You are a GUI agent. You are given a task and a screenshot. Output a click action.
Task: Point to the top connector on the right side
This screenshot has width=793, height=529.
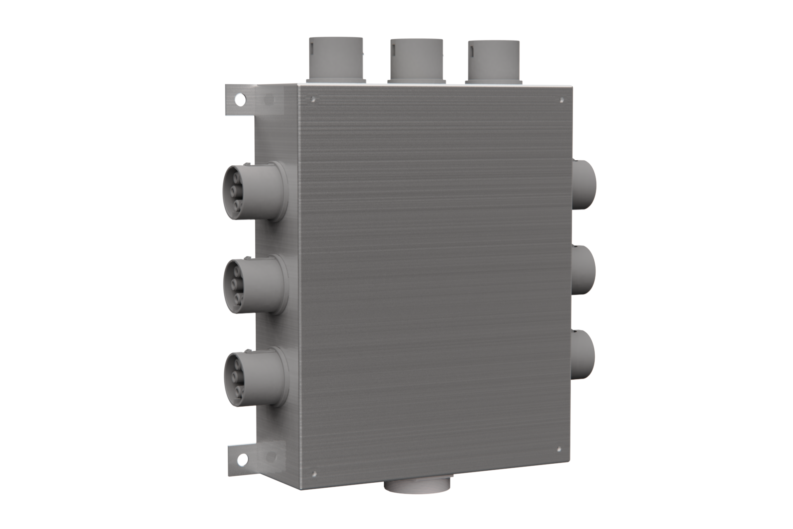point(584,184)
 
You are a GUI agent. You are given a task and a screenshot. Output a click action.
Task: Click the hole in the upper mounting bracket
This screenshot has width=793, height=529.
point(239,99)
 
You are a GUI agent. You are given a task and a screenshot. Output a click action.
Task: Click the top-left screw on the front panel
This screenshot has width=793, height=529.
point(313,99)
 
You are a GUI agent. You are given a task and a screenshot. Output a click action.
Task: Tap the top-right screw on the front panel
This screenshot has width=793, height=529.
point(562,100)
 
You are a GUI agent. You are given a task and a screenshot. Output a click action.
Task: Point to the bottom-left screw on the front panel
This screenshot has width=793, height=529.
point(314,474)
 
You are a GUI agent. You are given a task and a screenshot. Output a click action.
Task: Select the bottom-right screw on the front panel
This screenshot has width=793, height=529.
point(559,449)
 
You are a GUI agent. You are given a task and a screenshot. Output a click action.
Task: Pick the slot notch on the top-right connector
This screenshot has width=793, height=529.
point(471,51)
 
